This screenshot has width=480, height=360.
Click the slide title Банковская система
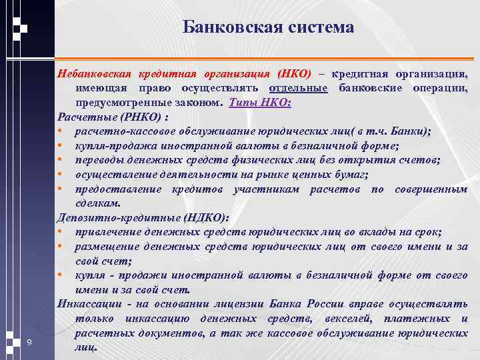[x=268, y=28]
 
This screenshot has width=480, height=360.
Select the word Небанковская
[x=96, y=74]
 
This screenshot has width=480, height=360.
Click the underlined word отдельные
[x=299, y=89]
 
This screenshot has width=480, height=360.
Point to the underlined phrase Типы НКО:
[x=260, y=103]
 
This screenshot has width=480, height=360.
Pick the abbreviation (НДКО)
[x=199, y=217]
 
